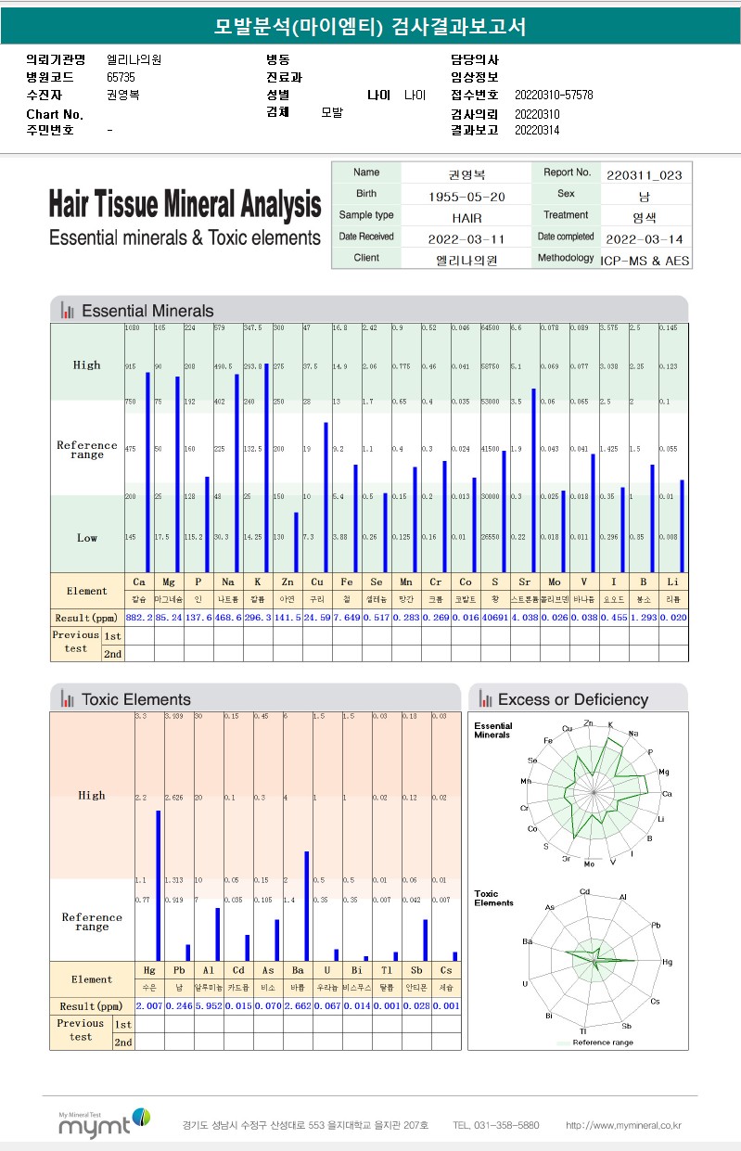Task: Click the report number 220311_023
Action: tap(645, 173)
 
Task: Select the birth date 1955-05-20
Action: tap(466, 196)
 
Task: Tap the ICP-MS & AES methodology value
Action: tap(645, 260)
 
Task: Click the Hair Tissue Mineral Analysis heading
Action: tap(185, 204)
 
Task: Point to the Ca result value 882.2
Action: tap(138, 617)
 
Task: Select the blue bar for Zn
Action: tap(296, 542)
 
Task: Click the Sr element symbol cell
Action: tap(525, 582)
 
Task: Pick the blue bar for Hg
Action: tap(158, 885)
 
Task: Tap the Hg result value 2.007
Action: tap(149, 1006)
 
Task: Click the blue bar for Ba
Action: tap(306, 905)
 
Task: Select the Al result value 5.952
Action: tap(209, 1006)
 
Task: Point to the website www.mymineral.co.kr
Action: tap(623, 1125)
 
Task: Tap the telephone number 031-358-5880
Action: tap(495, 1125)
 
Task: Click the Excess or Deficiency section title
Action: tap(572, 699)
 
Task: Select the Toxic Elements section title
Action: tap(135, 699)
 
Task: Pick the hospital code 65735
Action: tap(121, 78)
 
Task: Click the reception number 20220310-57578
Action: tap(553, 95)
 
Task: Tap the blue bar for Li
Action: tap(682, 525)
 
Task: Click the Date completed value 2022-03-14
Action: tap(645, 238)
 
